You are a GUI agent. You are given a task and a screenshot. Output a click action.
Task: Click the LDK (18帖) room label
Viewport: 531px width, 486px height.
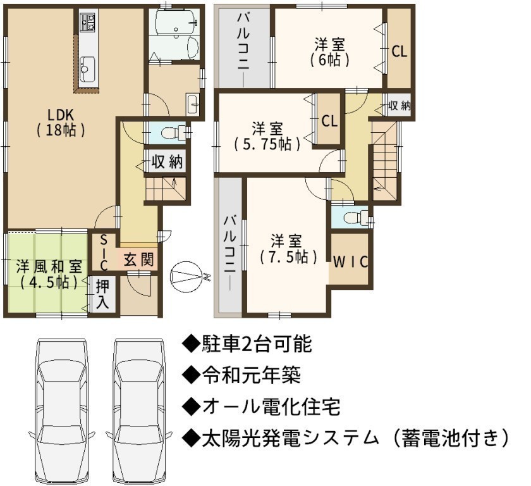click(61, 123)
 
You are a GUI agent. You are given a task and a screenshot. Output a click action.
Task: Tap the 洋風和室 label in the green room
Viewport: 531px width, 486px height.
click(49, 266)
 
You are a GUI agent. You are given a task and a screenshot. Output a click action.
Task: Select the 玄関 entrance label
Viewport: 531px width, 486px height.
click(138, 259)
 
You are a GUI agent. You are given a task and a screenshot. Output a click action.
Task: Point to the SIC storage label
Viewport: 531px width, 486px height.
click(104, 253)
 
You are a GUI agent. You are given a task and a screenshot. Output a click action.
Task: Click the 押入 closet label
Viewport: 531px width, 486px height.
click(102, 294)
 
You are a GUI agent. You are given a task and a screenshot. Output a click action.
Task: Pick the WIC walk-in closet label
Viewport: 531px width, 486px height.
click(350, 261)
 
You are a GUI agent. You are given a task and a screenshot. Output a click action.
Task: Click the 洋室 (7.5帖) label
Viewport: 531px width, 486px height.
click(289, 249)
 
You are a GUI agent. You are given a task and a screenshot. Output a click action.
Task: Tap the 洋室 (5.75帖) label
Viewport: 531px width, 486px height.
click(267, 136)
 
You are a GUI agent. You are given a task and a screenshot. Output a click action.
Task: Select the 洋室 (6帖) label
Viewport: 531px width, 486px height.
click(329, 52)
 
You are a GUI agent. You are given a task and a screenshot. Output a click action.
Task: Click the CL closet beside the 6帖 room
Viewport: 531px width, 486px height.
click(400, 51)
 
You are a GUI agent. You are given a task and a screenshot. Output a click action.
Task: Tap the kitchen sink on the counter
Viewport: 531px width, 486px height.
click(87, 69)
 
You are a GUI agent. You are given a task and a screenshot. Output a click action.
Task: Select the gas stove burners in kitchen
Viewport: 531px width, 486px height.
click(87, 23)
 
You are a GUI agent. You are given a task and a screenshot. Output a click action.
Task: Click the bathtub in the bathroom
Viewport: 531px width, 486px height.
click(176, 22)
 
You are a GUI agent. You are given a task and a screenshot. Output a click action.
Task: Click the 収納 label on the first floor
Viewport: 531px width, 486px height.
click(167, 161)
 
